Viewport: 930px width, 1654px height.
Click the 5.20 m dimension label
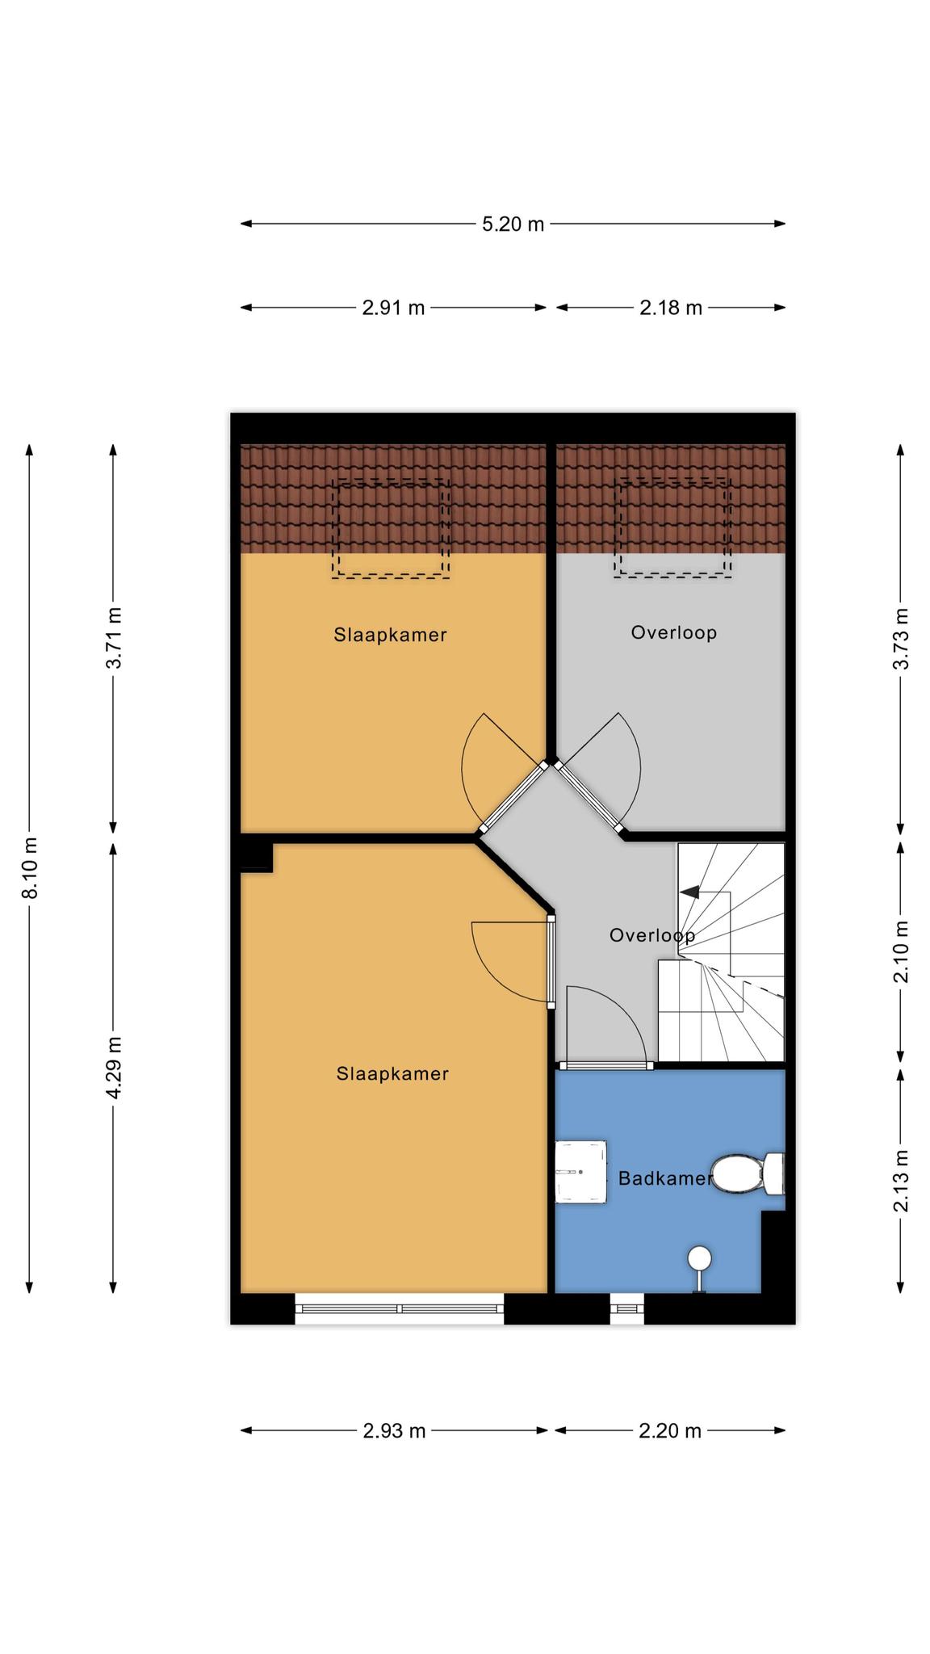pyautogui.click(x=513, y=224)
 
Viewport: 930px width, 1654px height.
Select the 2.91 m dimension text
pyautogui.click(x=393, y=308)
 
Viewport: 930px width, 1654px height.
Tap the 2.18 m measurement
pyautogui.click(x=671, y=308)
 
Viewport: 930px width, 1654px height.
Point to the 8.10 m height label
pyautogui.click(x=30, y=867)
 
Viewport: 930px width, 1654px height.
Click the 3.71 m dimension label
pyautogui.click(x=114, y=638)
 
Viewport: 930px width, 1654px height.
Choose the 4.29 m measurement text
pyautogui.click(x=114, y=1068)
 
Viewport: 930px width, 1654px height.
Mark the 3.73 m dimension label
pyautogui.click(x=902, y=638)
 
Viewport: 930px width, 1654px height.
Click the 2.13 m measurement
pyautogui.click(x=902, y=1181)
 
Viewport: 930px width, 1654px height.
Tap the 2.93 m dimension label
pyautogui.click(x=394, y=1430)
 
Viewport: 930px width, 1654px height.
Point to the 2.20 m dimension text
pyautogui.click(x=670, y=1430)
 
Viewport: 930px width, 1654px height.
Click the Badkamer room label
pyautogui.click(x=665, y=1178)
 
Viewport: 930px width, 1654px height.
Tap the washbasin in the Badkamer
pyautogui.click(x=580, y=1172)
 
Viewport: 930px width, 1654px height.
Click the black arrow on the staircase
pyautogui.click(x=689, y=892)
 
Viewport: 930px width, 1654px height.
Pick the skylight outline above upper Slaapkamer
pyautogui.click(x=391, y=528)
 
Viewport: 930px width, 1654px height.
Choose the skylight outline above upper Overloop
pyautogui.click(x=673, y=528)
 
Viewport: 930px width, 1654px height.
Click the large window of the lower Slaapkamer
pyautogui.click(x=400, y=1308)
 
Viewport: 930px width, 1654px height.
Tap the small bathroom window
pyautogui.click(x=627, y=1308)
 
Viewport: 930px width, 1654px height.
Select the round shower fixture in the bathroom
pyautogui.click(x=699, y=1259)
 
